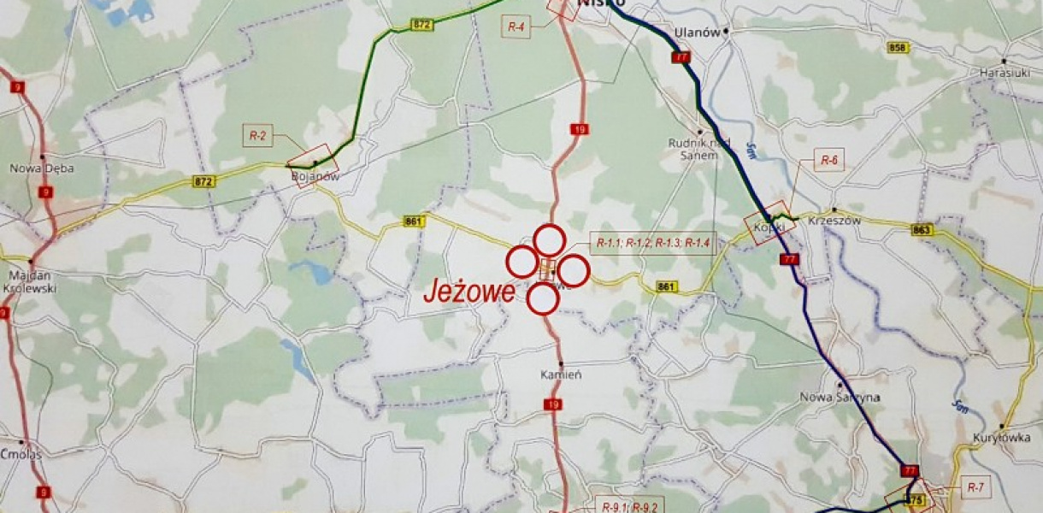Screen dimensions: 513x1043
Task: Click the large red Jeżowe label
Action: pyautogui.click(x=469, y=292)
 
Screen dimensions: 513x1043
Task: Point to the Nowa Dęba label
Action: pyautogui.click(x=33, y=168)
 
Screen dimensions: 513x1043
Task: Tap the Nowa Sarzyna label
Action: pyautogui.click(x=834, y=396)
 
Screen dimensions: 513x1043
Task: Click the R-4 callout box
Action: pyautogui.click(x=516, y=27)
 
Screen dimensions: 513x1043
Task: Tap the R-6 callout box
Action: pyautogui.click(x=828, y=160)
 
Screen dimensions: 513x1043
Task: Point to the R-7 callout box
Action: pyautogui.click(x=975, y=486)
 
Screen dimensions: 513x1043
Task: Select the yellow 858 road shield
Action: pyautogui.click(x=898, y=49)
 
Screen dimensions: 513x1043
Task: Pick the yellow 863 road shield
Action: pyautogui.click(x=922, y=230)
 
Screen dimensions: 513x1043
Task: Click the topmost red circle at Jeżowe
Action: pyautogui.click(x=549, y=239)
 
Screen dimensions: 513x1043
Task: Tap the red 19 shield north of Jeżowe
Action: pyautogui.click(x=579, y=129)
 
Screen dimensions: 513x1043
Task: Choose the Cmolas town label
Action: pyautogui.click(x=22, y=455)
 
